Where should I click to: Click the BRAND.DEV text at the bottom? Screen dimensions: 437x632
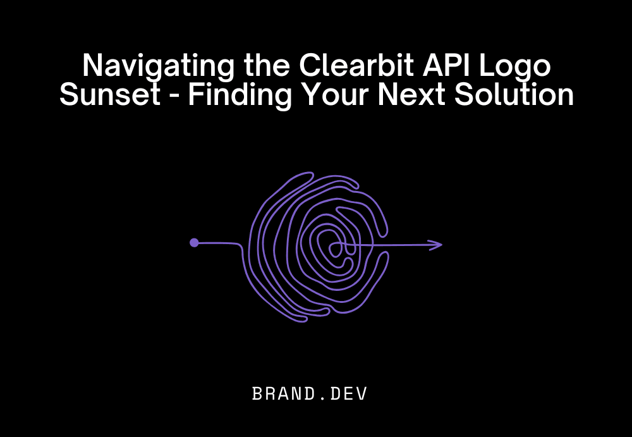(310, 394)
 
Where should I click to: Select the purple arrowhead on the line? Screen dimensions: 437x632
(436, 245)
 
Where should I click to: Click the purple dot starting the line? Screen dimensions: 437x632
(194, 242)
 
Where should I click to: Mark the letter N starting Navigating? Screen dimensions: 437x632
(92, 66)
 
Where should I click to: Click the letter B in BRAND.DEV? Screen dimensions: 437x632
(258, 394)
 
